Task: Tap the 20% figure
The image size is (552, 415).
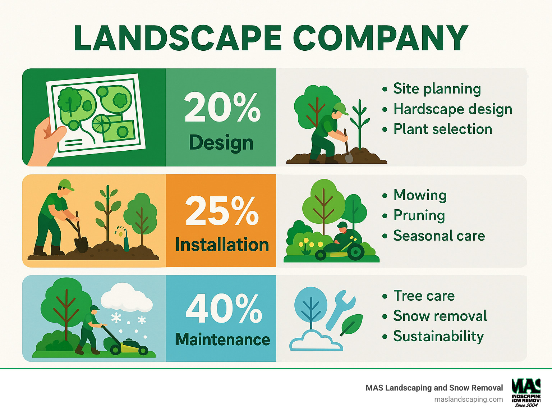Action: click(222, 107)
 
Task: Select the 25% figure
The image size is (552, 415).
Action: click(222, 211)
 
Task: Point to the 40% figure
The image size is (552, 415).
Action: click(224, 309)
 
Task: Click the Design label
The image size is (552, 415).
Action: click(221, 143)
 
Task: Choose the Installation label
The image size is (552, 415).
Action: click(222, 245)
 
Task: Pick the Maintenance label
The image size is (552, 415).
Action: click(222, 339)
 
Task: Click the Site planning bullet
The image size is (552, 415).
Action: click(437, 89)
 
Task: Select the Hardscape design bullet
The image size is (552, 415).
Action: click(452, 109)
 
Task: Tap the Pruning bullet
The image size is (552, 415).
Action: click(419, 215)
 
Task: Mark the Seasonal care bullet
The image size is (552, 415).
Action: click(439, 236)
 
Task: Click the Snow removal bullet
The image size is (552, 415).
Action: click(440, 316)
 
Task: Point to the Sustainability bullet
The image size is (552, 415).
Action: click(438, 336)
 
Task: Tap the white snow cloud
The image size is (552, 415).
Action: click(126, 298)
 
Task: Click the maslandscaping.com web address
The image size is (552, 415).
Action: click(468, 399)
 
